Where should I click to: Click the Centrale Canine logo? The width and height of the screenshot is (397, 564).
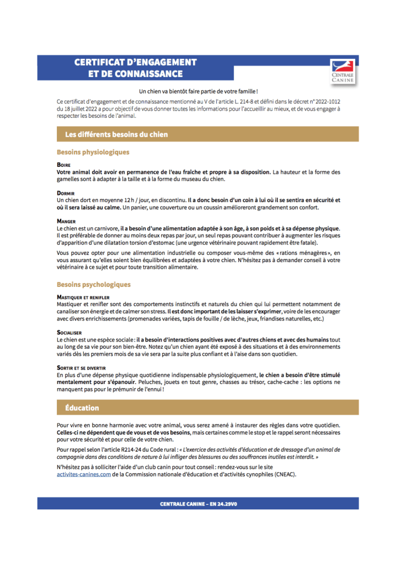[342, 72]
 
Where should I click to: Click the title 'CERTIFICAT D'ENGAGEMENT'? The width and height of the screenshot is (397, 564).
[136, 62]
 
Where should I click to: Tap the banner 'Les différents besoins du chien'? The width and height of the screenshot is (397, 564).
[116, 134]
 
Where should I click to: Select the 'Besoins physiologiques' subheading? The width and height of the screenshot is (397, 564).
[93, 152]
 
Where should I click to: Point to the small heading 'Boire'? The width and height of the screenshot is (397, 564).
[63, 165]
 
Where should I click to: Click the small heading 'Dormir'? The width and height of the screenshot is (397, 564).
[66, 193]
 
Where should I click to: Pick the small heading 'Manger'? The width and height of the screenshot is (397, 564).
[66, 221]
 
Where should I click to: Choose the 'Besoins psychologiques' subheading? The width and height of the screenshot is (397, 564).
[93, 285]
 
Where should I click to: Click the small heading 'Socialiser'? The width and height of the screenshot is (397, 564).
[69, 333]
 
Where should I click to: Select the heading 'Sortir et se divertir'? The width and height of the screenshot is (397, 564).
[81, 368]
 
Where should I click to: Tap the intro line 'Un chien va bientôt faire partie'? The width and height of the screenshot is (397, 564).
[198, 90]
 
